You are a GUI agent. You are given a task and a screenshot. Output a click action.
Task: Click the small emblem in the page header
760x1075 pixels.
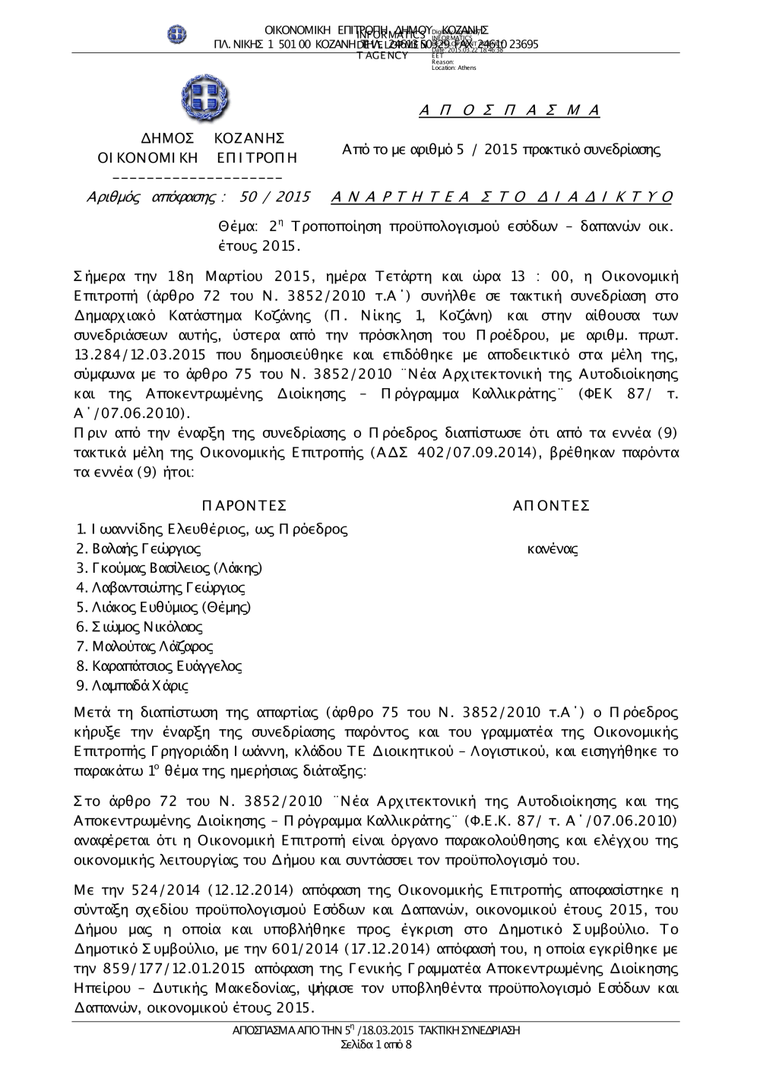click(177, 34)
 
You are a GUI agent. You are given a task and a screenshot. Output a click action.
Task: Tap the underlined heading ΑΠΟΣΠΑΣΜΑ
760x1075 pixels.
click(509, 111)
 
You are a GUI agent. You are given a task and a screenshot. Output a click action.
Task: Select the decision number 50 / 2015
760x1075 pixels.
click(274, 198)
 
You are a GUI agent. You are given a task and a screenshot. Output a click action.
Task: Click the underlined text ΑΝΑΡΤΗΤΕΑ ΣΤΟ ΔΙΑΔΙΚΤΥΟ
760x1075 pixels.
click(502, 198)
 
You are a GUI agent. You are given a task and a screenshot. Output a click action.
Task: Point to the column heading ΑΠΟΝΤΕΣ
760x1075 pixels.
click(551, 506)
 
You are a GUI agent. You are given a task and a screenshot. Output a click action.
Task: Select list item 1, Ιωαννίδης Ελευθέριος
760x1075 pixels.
click(212, 529)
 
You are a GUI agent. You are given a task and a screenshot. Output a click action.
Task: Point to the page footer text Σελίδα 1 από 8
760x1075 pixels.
click(377, 1045)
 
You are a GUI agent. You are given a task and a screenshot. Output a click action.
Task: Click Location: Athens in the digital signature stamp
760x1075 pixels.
click(454, 68)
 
